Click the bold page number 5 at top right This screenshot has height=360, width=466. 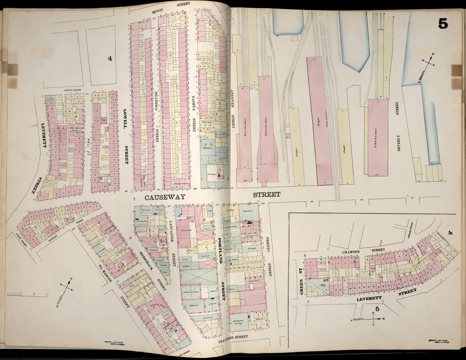(x=443, y=24)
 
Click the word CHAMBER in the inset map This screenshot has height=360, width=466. (x=351, y=252)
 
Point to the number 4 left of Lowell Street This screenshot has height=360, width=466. (x=110, y=59)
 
